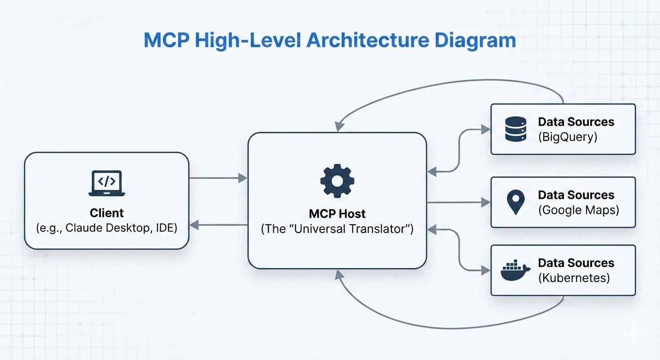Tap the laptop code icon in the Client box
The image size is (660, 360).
106,183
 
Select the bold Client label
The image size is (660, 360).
106,213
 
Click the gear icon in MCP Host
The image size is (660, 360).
337,181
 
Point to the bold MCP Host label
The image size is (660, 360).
337,214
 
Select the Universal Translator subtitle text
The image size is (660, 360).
337,229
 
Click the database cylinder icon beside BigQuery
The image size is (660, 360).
516,129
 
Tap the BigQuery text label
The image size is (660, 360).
568,137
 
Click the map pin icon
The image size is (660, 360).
516,202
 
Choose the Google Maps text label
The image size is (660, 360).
578,210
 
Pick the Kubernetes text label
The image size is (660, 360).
574,278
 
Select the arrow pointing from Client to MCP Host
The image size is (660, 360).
218,178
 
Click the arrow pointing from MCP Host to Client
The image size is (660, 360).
218,225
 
